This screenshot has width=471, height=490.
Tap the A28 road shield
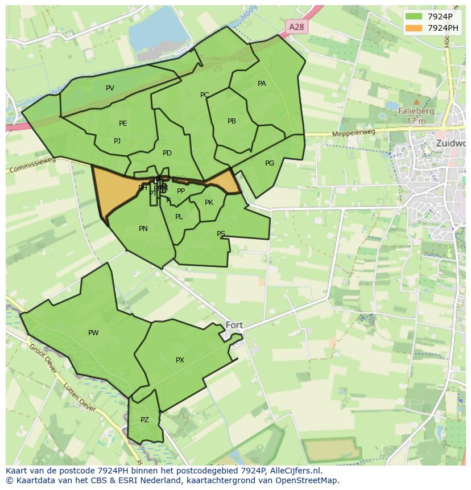[296, 27]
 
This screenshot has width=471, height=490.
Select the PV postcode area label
[110, 88]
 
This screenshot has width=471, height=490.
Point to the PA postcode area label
[262, 84]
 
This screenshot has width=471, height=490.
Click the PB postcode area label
[232, 121]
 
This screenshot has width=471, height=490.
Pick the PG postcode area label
[270, 163]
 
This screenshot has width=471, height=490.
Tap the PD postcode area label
[167, 153]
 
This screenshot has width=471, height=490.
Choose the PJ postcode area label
[117, 141]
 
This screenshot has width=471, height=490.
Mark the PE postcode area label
[123, 123]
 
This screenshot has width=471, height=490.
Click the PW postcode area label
[93, 333]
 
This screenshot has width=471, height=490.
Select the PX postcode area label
[180, 360]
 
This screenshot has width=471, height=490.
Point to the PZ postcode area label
[144, 420]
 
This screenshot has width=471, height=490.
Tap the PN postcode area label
[143, 229]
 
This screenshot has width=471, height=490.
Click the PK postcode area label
[209, 203]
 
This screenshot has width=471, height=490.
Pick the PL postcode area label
[179, 217]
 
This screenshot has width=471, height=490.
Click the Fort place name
[234, 325]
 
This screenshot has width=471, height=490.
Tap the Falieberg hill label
[416, 112]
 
